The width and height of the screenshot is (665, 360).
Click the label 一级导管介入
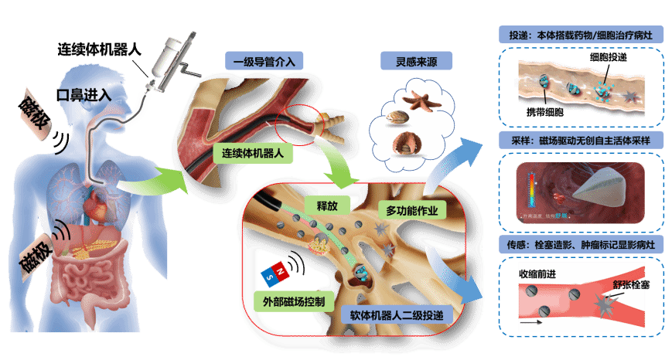tap(264, 61)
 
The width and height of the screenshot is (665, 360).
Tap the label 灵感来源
tap(416, 61)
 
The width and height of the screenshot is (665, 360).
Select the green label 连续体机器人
tap(254, 154)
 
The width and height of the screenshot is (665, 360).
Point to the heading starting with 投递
tap(579, 36)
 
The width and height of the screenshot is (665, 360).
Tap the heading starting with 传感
tap(579, 246)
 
